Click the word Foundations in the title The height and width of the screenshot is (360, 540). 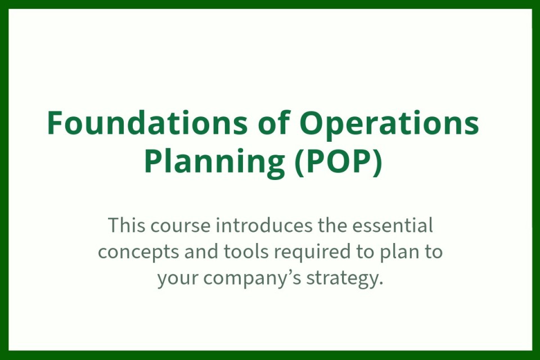point(147,123)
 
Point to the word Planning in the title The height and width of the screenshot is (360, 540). point(214,162)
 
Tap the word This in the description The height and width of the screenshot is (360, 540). point(127,226)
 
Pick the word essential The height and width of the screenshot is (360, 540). point(393,226)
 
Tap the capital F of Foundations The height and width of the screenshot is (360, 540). point(56,123)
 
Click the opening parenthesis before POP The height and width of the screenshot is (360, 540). point(300,162)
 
